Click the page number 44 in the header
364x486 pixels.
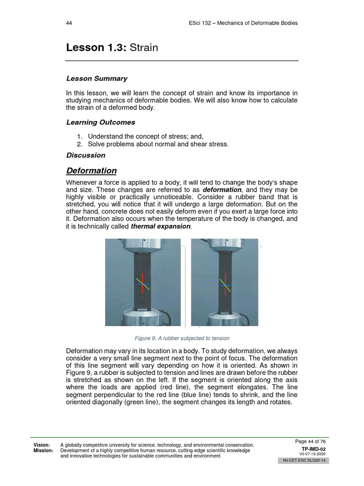[69, 23]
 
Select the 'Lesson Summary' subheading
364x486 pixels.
[97, 78]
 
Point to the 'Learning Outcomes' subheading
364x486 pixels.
[100, 122]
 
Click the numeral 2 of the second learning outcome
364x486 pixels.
[79, 144]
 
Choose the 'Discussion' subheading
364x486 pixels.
[86, 155]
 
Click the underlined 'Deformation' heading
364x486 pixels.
[91, 171]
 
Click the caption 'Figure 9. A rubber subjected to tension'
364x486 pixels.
[182, 338]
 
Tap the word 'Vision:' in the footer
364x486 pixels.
[42, 445]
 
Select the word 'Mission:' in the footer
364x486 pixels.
[43, 450]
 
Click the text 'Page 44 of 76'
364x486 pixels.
[310, 441]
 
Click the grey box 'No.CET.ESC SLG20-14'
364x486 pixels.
[303, 461]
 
